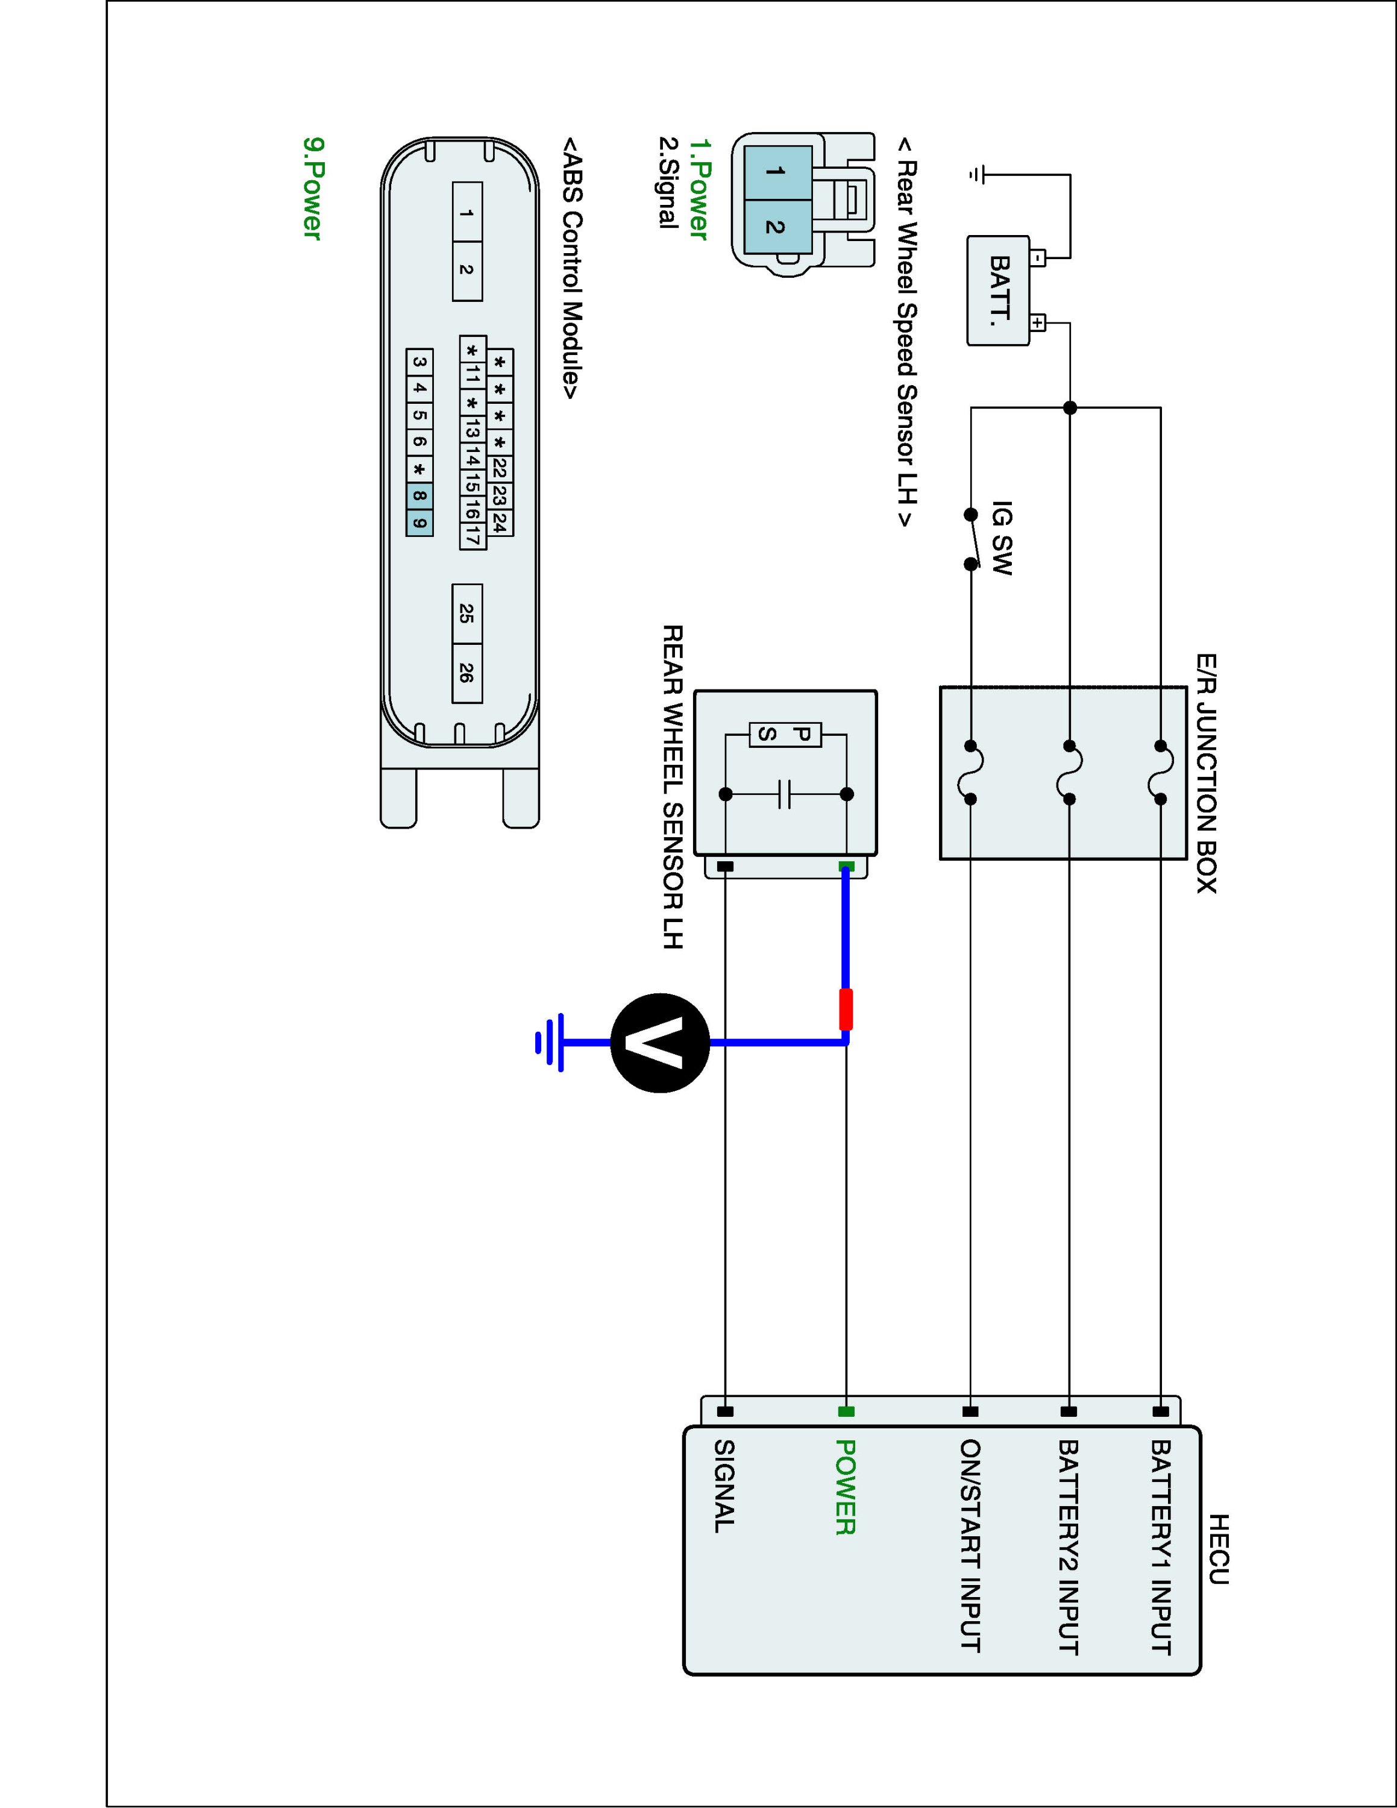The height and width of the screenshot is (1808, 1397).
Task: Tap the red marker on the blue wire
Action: [x=846, y=1009]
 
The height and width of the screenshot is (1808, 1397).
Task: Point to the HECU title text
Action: [x=1218, y=1549]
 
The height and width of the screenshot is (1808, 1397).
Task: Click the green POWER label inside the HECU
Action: [x=845, y=1487]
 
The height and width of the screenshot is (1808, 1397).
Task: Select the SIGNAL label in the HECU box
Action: [x=724, y=1486]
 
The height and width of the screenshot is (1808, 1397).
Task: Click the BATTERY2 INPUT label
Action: [x=1069, y=1546]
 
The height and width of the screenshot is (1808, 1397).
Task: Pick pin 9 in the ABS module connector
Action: [x=419, y=523]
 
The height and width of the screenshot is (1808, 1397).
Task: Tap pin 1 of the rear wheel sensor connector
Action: [x=776, y=171]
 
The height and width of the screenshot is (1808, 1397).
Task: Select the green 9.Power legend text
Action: [x=312, y=189]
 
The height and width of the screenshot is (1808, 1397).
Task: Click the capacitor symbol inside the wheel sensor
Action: [x=785, y=794]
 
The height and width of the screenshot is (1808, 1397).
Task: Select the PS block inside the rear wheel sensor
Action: [x=785, y=733]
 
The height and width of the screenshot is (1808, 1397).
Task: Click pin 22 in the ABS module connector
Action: [x=499, y=468]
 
